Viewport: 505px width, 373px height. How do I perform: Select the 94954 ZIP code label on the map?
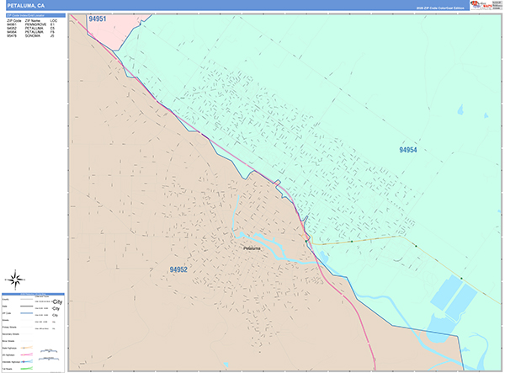[x=408, y=149]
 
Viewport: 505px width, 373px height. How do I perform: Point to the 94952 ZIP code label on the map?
[x=178, y=269]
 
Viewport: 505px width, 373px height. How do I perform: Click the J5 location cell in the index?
[x=52, y=36]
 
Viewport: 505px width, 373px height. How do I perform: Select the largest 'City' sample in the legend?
[x=57, y=301]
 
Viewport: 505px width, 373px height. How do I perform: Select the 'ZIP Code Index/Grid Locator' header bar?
[x=33, y=13]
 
